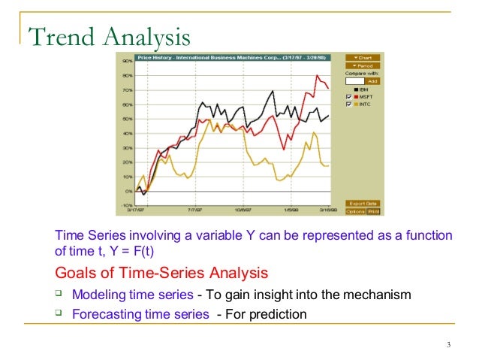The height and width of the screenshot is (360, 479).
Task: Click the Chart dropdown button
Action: coord(363,58)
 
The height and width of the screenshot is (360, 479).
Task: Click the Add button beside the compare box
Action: coord(372,80)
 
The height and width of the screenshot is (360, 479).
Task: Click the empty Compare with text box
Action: coord(354,80)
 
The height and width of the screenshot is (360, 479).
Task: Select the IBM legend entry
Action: coord(363,89)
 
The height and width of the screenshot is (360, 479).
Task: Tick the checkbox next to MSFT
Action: coord(349,97)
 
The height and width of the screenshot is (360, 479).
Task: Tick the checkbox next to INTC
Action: coord(349,104)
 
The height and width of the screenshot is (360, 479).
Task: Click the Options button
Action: coord(354,211)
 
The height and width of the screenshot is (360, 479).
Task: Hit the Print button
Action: coord(372,211)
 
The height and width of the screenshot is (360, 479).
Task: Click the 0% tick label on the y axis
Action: coord(128,191)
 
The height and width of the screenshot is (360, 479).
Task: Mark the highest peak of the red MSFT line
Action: coord(318,75)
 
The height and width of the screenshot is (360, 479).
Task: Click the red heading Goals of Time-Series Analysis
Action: coord(161,272)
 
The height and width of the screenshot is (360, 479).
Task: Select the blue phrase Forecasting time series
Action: coord(140,314)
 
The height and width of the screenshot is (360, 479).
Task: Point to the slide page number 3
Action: coord(447,345)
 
